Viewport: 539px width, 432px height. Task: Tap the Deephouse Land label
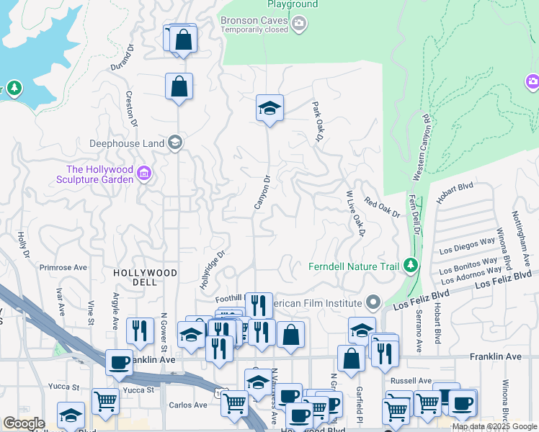pyautogui.click(x=126, y=143)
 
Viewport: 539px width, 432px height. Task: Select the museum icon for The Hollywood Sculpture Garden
pyautogui.click(x=143, y=173)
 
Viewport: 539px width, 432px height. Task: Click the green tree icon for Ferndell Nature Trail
pyautogui.click(x=411, y=266)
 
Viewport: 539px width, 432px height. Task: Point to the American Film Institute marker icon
pyautogui.click(x=373, y=301)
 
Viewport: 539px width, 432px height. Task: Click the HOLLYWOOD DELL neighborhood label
pyautogui.click(x=145, y=273)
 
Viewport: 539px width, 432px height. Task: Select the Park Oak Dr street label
pyautogui.click(x=317, y=120)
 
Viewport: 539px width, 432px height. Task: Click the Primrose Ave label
pyautogui.click(x=63, y=267)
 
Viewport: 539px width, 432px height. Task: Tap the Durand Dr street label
pyautogui.click(x=122, y=58)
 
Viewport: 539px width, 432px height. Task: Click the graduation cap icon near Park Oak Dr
pyautogui.click(x=269, y=109)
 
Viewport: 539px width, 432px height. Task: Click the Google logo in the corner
pyautogui.click(x=23, y=423)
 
